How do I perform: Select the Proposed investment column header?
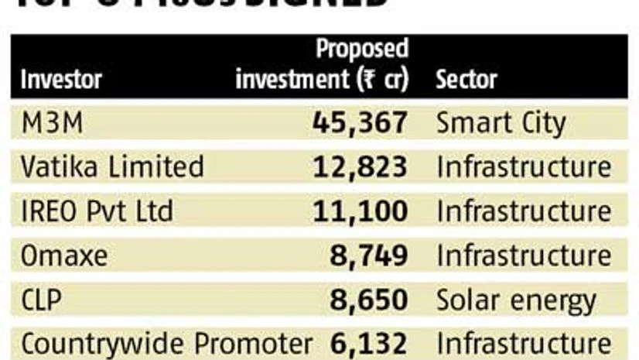point(322,64)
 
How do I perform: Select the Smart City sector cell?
point(501,123)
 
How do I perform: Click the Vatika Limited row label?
point(112,167)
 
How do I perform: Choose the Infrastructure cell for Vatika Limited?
point(524,167)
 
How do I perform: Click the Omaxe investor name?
point(66,255)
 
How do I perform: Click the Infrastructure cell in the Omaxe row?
point(524,255)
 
